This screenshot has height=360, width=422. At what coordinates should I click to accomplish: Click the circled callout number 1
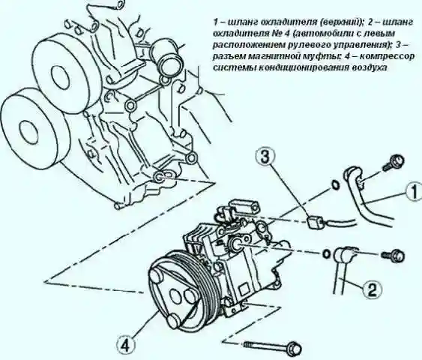[415, 192]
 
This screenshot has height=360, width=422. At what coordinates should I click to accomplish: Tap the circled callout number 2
[372, 290]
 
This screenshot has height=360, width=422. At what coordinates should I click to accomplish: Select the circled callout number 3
[265, 157]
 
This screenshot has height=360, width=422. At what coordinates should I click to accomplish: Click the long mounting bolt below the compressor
[273, 346]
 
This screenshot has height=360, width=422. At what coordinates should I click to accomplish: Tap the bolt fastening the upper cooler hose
[394, 162]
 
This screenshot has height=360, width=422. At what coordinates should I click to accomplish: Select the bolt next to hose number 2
[394, 255]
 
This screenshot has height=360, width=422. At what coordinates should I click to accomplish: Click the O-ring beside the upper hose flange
[335, 185]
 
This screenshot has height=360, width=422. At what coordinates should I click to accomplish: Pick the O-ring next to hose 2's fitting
[326, 253]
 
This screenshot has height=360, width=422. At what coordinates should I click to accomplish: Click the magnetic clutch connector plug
[314, 223]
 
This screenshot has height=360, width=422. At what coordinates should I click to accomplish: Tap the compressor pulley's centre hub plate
[175, 293]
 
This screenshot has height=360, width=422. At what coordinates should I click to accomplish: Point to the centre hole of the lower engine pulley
[29, 132]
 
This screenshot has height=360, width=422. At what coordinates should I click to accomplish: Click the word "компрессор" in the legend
[387, 57]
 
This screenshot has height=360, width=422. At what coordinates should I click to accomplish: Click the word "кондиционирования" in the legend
[304, 67]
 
